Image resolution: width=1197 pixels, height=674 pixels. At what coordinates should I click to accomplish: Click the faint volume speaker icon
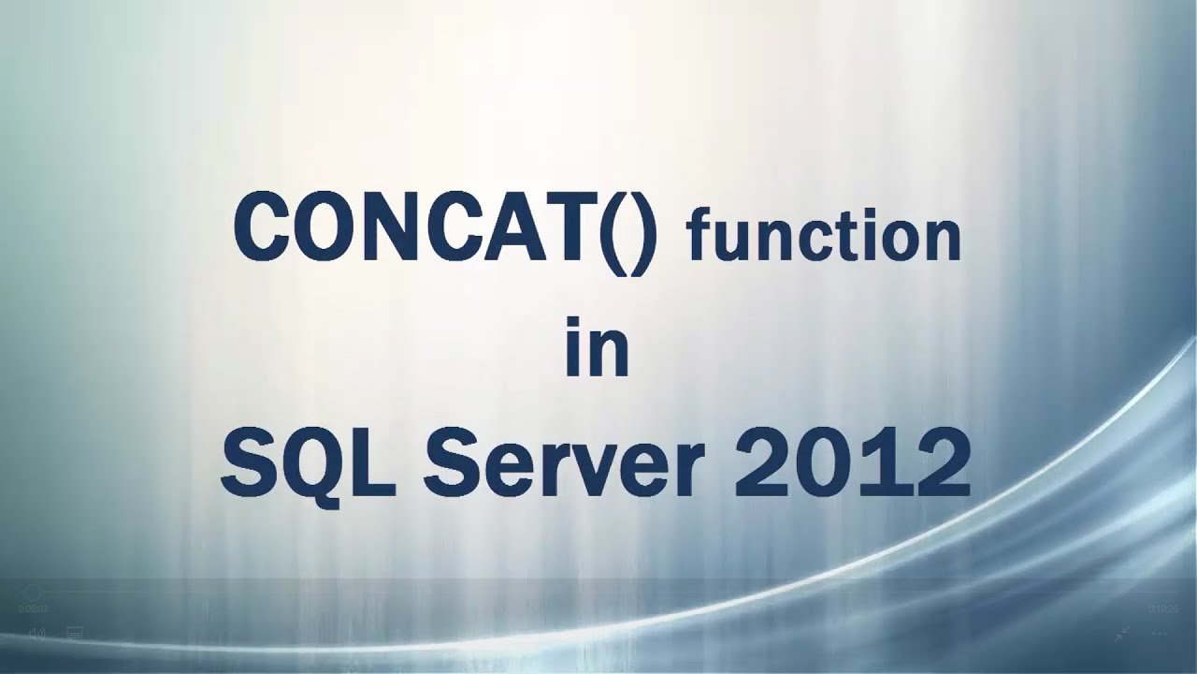[x=37, y=634]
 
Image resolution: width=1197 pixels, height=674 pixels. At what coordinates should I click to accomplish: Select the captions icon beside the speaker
[x=75, y=634]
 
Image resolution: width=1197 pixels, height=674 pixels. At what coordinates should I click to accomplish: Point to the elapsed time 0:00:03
[x=33, y=608]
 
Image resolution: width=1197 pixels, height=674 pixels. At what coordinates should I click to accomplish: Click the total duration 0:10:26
[x=1163, y=608]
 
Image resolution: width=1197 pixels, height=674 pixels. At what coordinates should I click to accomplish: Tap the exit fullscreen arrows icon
[x=1122, y=634]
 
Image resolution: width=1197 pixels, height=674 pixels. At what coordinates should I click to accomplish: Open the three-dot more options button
[x=1160, y=634]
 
